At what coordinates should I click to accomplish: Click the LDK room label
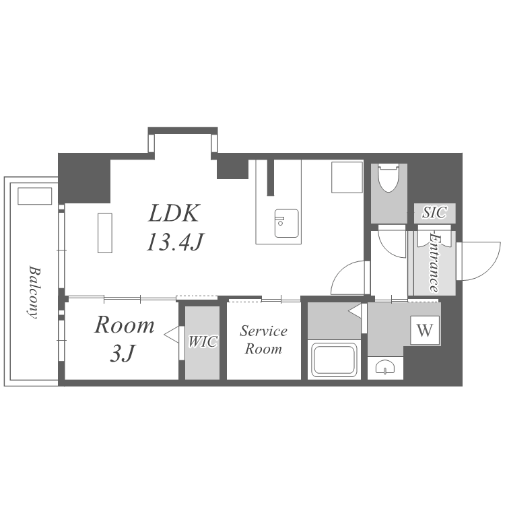pyautogui.click(x=174, y=213)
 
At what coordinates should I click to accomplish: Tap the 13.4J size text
pyautogui.click(x=176, y=242)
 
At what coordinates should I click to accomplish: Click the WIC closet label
pyautogui.click(x=203, y=341)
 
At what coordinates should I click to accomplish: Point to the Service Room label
pyautogui.click(x=263, y=340)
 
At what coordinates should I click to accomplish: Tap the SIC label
pyautogui.click(x=434, y=213)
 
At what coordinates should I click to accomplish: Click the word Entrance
pyautogui.click(x=435, y=263)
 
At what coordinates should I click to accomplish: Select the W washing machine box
pyautogui.click(x=425, y=330)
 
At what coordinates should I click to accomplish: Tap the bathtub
pyautogui.click(x=334, y=360)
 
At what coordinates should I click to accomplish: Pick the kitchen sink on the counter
pyautogui.click(x=286, y=223)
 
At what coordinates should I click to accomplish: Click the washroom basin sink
pyautogui.click(x=386, y=367)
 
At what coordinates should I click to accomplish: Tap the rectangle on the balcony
pyautogui.click(x=35, y=196)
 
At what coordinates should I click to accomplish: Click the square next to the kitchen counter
pyautogui.click(x=347, y=178)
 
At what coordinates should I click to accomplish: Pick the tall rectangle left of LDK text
pyautogui.click(x=105, y=233)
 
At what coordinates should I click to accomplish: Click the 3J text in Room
pyautogui.click(x=122, y=353)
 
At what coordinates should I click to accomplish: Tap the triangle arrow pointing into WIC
pyautogui.click(x=171, y=335)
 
